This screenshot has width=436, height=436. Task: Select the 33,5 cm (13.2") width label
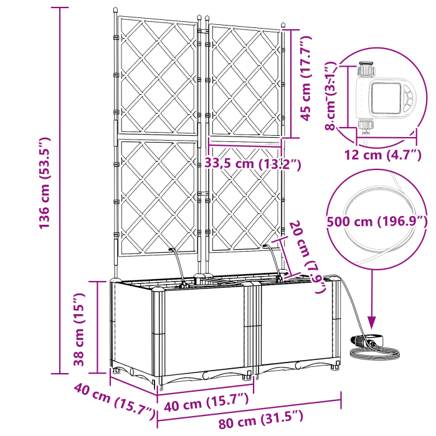(x=253, y=164)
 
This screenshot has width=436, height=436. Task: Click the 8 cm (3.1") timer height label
(x=330, y=95)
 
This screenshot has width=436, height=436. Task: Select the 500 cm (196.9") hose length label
(x=377, y=222)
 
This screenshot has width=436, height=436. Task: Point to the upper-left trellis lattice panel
(x=156, y=75)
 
